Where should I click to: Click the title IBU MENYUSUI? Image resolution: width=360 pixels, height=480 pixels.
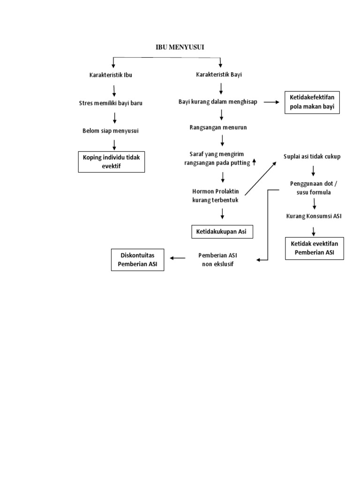pos(180,47)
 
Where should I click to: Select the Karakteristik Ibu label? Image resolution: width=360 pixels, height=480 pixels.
pos(111,75)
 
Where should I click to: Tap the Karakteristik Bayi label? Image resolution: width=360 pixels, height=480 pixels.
pos(219,75)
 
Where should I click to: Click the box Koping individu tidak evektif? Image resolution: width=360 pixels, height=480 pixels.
pos(112,162)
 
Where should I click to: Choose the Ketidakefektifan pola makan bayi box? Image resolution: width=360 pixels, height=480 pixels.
pos(312,102)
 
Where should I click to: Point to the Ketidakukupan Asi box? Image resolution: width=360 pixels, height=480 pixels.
pos(222,232)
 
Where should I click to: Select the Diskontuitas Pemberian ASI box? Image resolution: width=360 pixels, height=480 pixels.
pos(137,260)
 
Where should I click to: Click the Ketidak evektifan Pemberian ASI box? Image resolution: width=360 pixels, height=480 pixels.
pos(315,248)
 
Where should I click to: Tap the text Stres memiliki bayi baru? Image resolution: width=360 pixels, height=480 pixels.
pos(111,103)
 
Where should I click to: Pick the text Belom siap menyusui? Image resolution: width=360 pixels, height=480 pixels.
pos(111,131)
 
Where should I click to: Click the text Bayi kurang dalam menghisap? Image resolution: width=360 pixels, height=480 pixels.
pos(218,102)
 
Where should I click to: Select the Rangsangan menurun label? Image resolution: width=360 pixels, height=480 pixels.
pos(218,127)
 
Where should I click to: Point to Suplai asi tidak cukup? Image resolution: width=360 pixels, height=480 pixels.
pos(312,157)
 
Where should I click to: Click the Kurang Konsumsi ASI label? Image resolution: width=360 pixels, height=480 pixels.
pos(314,216)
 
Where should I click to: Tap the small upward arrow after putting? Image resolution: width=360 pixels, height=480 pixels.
pos(254,162)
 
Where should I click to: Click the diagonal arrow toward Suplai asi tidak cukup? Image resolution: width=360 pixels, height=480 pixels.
pos(261,179)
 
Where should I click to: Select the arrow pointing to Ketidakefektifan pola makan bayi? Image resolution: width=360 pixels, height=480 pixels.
pos(271,102)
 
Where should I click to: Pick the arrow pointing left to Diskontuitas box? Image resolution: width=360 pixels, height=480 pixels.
pos(178,258)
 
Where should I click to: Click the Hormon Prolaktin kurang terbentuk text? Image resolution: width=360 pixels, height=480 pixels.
pos(216,195)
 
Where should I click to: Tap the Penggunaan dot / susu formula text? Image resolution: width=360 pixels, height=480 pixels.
pos(314,188)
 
